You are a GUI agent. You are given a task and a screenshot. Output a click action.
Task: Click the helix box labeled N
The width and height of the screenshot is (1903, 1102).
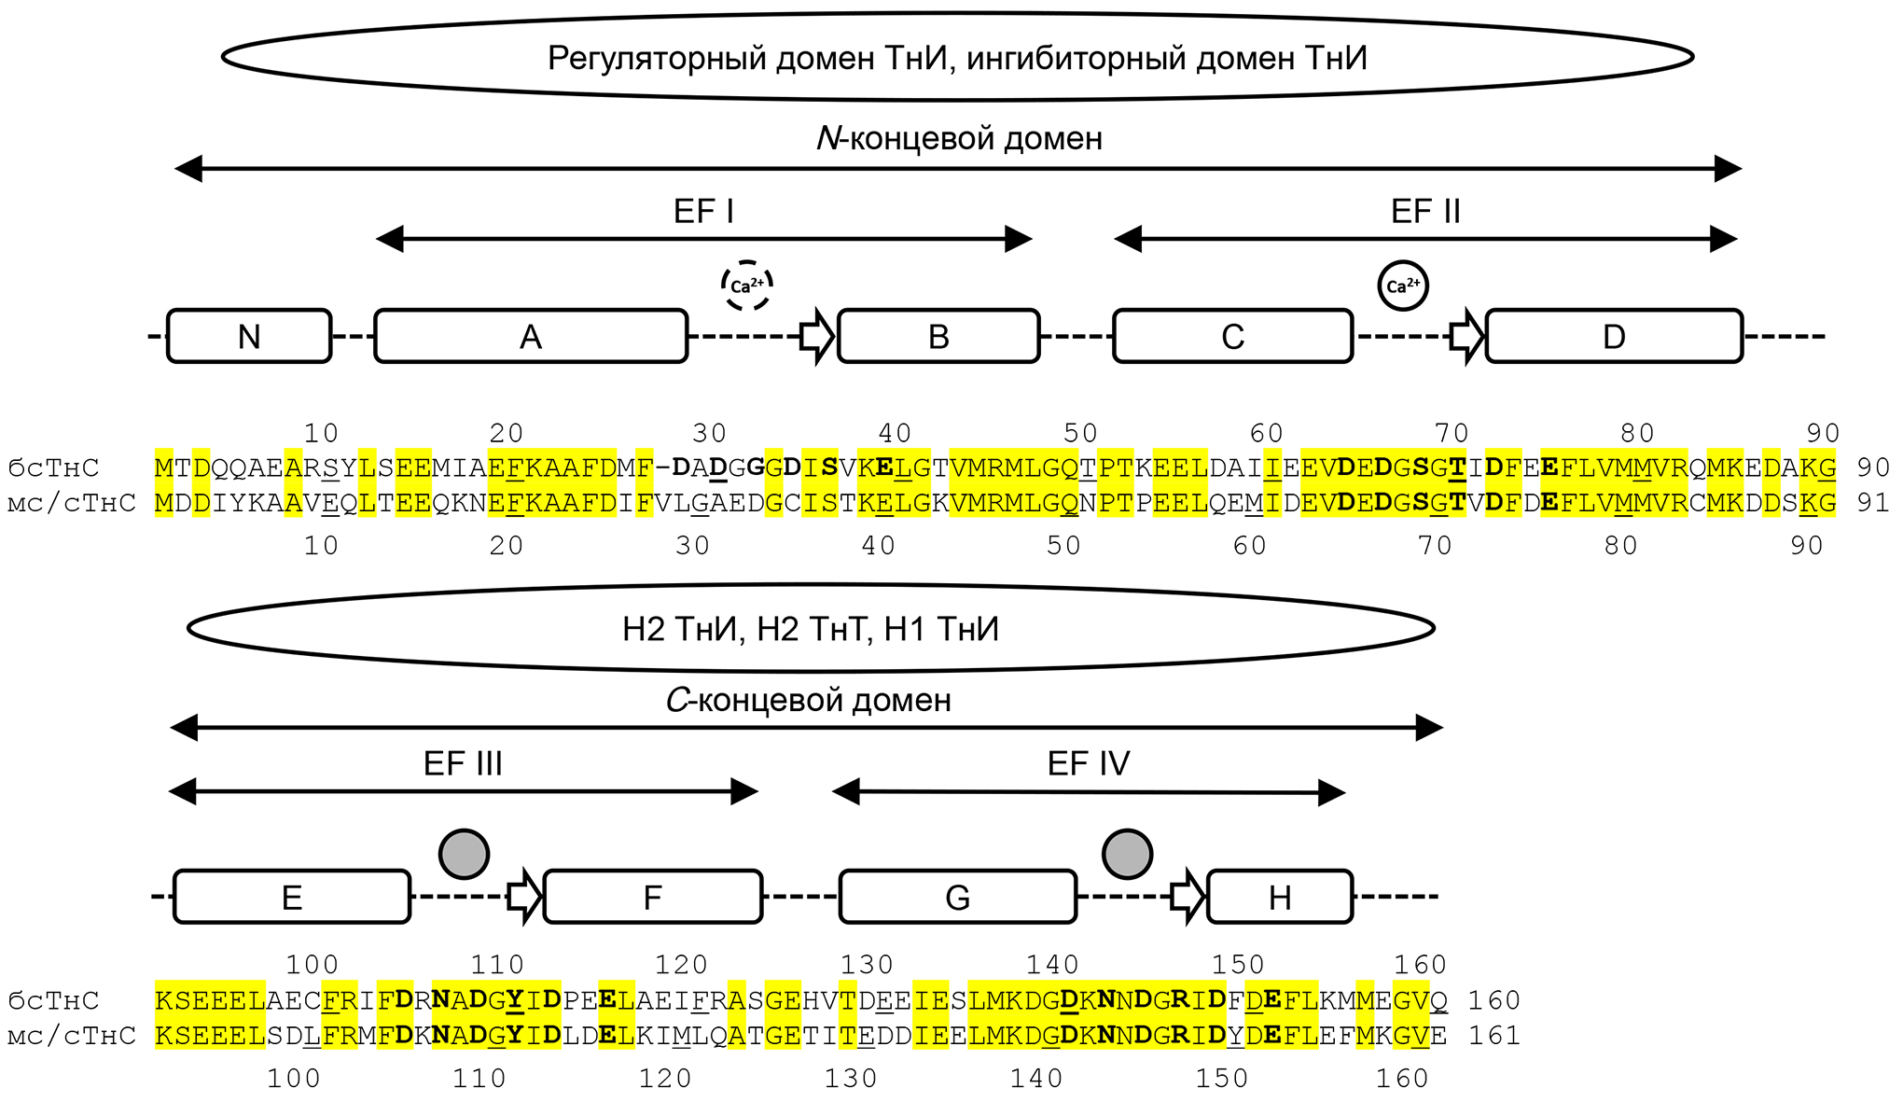coord(249,336)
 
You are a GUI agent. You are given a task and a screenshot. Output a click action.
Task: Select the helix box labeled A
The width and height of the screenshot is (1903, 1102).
coord(531,336)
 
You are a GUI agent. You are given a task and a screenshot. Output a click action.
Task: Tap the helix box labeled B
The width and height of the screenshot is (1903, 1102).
coord(938,336)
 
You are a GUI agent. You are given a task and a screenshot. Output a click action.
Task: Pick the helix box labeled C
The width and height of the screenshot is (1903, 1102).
coord(1232,336)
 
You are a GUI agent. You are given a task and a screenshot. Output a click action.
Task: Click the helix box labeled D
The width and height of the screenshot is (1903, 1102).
coord(1613,336)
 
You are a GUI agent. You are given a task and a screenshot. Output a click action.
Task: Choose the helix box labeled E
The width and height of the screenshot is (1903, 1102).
coord(292,897)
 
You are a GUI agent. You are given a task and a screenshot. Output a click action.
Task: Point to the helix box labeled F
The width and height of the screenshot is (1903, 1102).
coord(652,897)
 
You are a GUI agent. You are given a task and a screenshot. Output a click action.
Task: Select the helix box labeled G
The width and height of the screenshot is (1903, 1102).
coord(957,897)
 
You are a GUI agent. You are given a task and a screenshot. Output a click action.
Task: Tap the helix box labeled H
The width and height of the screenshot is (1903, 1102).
coord(1279,897)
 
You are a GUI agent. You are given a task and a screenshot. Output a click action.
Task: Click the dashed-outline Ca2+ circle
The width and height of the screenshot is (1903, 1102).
coord(747,286)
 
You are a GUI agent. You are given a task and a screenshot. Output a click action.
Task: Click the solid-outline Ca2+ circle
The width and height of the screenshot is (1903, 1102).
coord(1403,286)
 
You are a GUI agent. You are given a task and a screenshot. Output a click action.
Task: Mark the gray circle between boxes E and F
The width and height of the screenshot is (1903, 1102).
coord(464,854)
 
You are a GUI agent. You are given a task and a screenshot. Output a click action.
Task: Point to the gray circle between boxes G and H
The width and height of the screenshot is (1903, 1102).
coord(1127,854)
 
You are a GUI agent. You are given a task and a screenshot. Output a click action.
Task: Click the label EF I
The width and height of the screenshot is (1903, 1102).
coord(703,212)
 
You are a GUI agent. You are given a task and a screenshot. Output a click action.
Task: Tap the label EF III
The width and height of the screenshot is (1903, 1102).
coord(463,764)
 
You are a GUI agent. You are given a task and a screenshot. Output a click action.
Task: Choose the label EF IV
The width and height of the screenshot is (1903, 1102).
coord(1089,764)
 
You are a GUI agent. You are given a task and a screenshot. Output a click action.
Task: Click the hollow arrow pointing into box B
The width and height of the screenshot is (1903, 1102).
coord(817,337)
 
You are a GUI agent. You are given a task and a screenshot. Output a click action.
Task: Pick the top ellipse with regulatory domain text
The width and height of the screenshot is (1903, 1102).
coord(957,58)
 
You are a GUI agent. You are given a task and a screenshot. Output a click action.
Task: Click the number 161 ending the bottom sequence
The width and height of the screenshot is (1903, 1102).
coord(1494,1036)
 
